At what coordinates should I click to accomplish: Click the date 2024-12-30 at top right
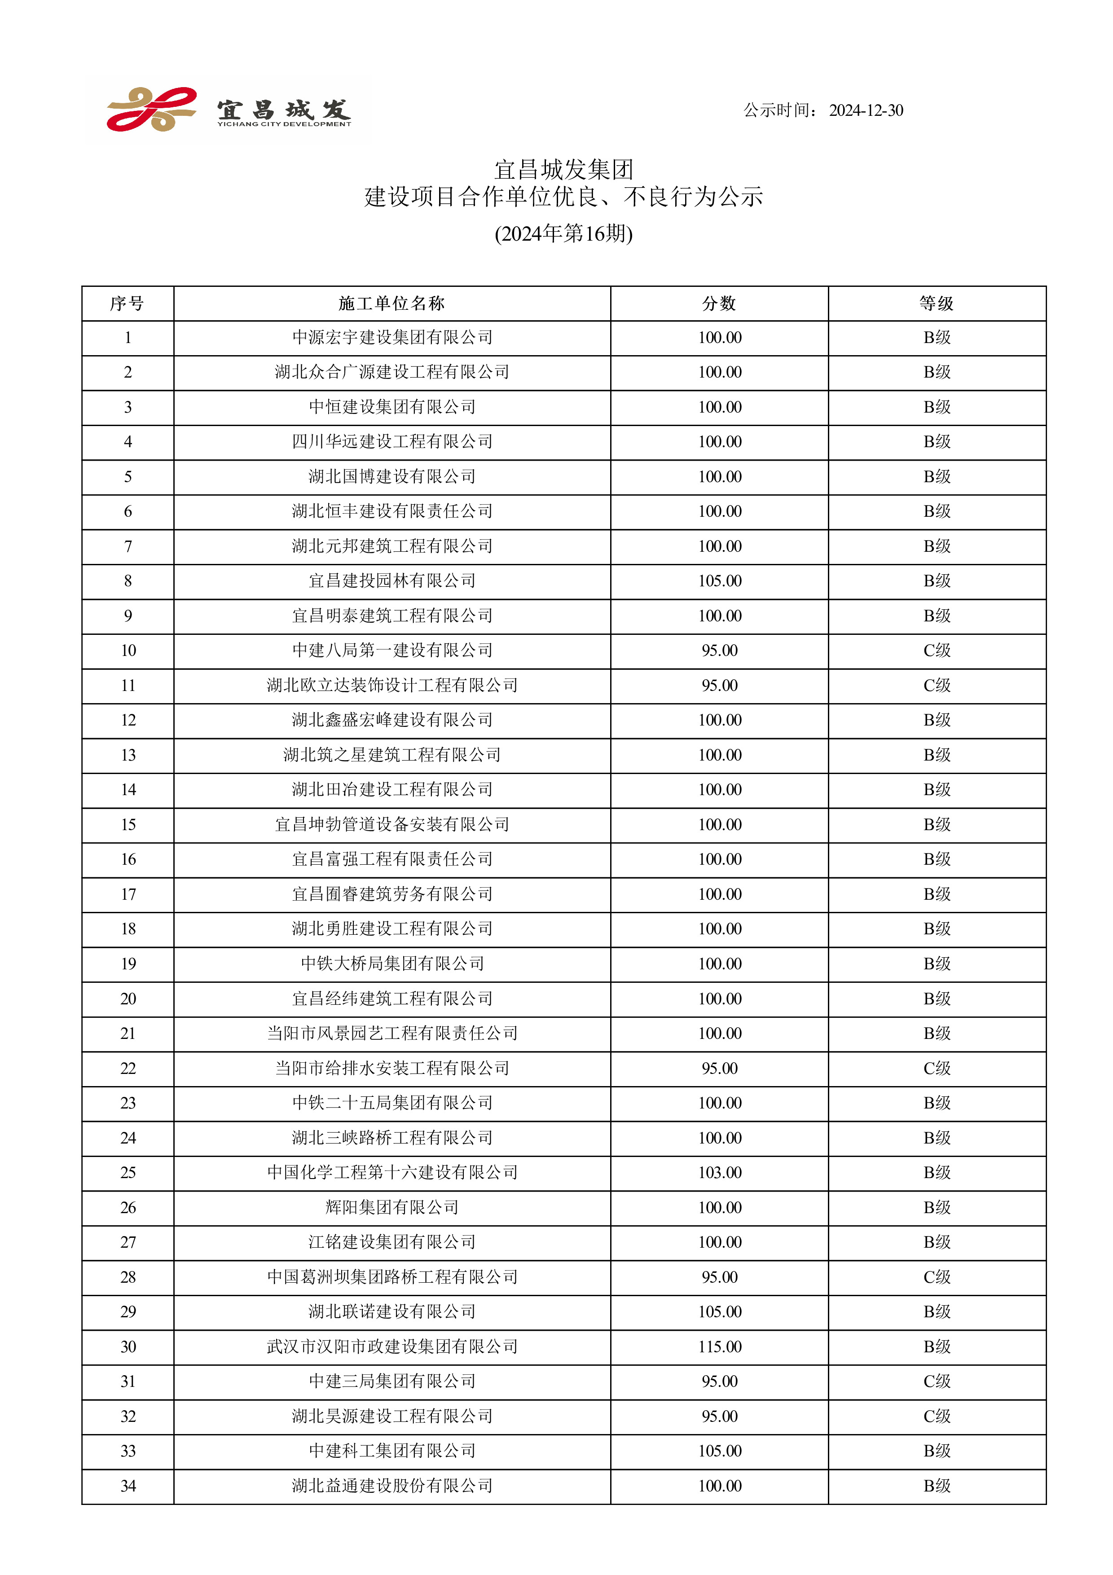(866, 110)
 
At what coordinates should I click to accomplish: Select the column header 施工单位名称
(392, 303)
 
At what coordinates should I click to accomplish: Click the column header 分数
(719, 303)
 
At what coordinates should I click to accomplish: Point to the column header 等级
(937, 303)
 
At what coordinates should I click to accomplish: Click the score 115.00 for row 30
(719, 1346)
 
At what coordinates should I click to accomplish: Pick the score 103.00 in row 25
(719, 1172)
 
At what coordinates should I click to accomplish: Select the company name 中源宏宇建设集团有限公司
(392, 338)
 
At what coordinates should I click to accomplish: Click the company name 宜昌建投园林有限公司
(392, 581)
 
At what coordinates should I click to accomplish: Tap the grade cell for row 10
(937, 650)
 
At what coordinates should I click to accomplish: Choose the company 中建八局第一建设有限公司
(392, 650)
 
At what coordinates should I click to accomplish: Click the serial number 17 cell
(128, 894)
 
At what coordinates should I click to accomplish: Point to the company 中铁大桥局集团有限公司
(392, 964)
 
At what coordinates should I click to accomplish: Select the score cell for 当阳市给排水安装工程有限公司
(719, 1068)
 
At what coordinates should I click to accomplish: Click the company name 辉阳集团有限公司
(392, 1207)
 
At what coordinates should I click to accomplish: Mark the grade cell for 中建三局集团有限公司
(937, 1381)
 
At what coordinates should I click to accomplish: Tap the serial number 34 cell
(128, 1486)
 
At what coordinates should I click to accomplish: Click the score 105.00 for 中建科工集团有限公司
(719, 1451)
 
